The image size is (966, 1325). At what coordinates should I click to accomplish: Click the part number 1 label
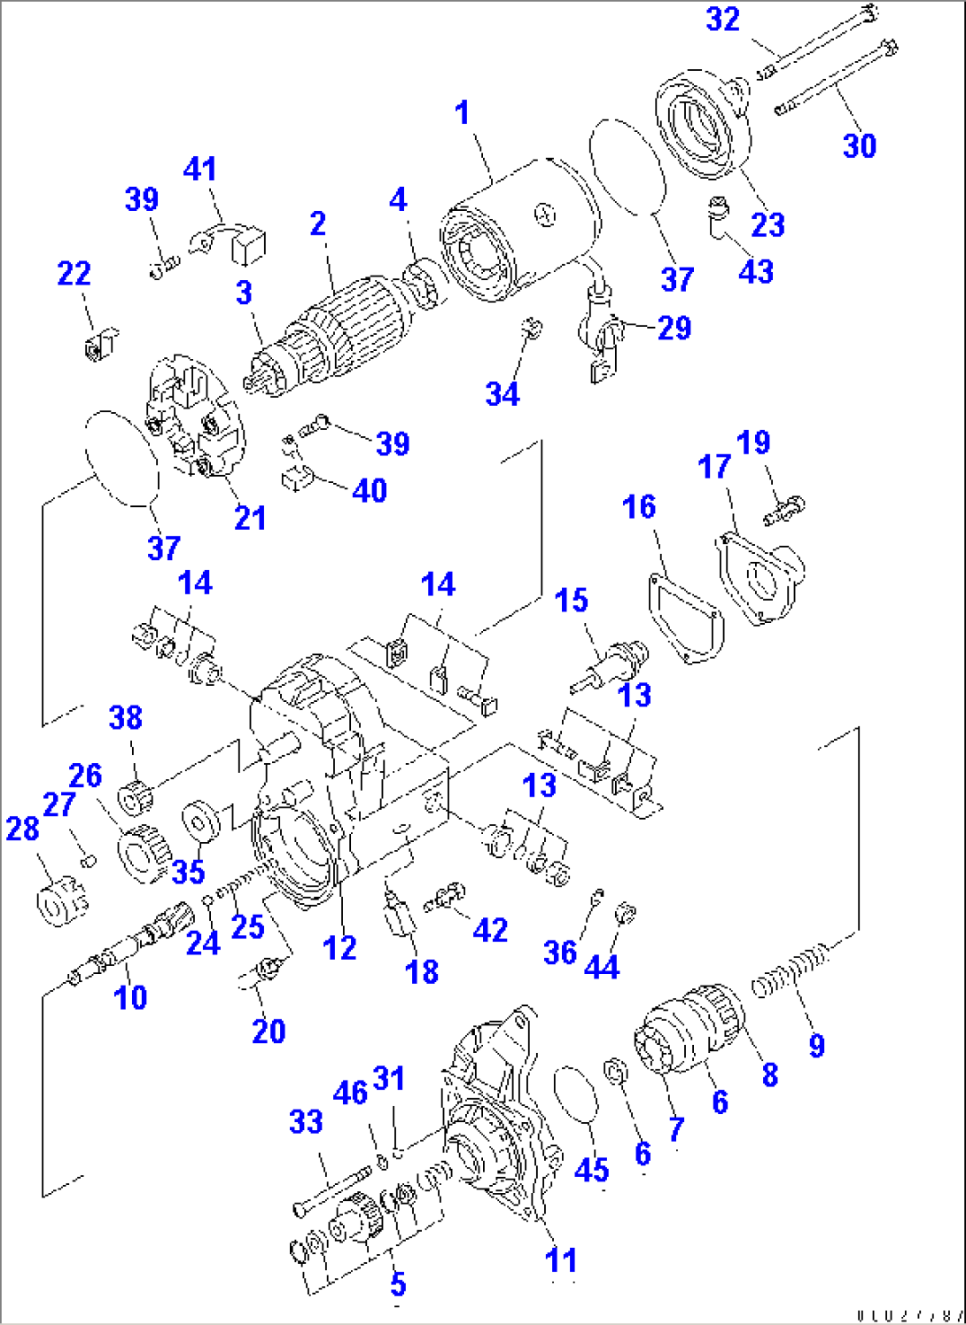(x=462, y=113)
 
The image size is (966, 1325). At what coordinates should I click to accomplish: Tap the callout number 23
(x=767, y=224)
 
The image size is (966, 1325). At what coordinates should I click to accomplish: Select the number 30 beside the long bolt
(x=859, y=145)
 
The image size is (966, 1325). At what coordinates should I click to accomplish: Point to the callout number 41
(x=200, y=168)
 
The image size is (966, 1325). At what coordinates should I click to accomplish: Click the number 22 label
(x=74, y=273)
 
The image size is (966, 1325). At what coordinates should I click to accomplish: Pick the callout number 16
(x=639, y=507)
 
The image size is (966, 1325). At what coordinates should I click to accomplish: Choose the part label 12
(x=339, y=947)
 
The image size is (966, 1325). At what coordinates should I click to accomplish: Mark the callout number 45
(x=591, y=1169)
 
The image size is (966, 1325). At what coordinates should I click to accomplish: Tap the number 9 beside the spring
(x=816, y=1046)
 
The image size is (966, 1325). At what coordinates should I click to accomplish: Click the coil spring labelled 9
(x=790, y=970)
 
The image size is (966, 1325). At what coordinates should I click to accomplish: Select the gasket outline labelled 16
(x=687, y=618)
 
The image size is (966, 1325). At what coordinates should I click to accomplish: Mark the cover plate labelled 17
(x=760, y=577)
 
